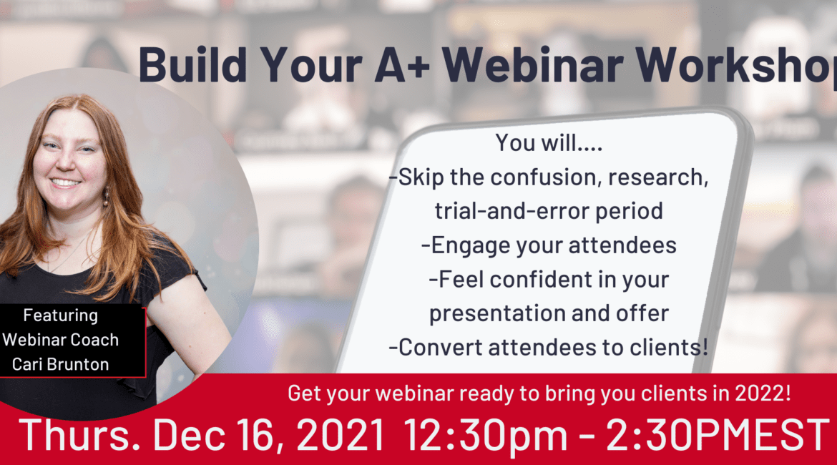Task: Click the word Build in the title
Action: pyautogui.click(x=192, y=64)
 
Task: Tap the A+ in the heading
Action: pyautogui.click(x=401, y=64)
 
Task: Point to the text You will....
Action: pyautogui.click(x=549, y=142)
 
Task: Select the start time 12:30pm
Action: pyautogui.click(x=485, y=436)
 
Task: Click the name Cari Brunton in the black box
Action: pyautogui.click(x=60, y=364)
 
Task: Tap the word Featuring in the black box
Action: pyautogui.click(x=60, y=315)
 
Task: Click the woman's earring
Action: pyautogui.click(x=106, y=196)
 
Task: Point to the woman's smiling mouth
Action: pyautogui.click(x=65, y=182)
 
